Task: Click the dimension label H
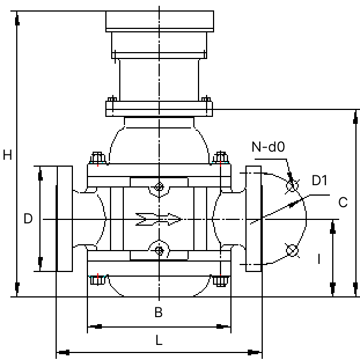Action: [x=8, y=155]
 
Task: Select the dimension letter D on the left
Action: [x=28, y=219]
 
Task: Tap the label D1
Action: [x=319, y=181]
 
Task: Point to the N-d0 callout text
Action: [x=268, y=147]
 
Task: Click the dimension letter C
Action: [x=343, y=203]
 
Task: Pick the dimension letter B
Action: [x=158, y=313]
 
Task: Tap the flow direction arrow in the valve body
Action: [x=158, y=219]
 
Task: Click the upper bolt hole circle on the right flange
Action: [x=292, y=186]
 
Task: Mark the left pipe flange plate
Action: [x=64, y=219]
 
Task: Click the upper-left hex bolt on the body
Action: [x=97, y=158]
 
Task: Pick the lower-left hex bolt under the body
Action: [x=97, y=281]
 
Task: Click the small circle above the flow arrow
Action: [x=159, y=188]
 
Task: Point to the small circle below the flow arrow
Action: [x=159, y=250]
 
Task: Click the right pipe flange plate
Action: [x=254, y=219]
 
